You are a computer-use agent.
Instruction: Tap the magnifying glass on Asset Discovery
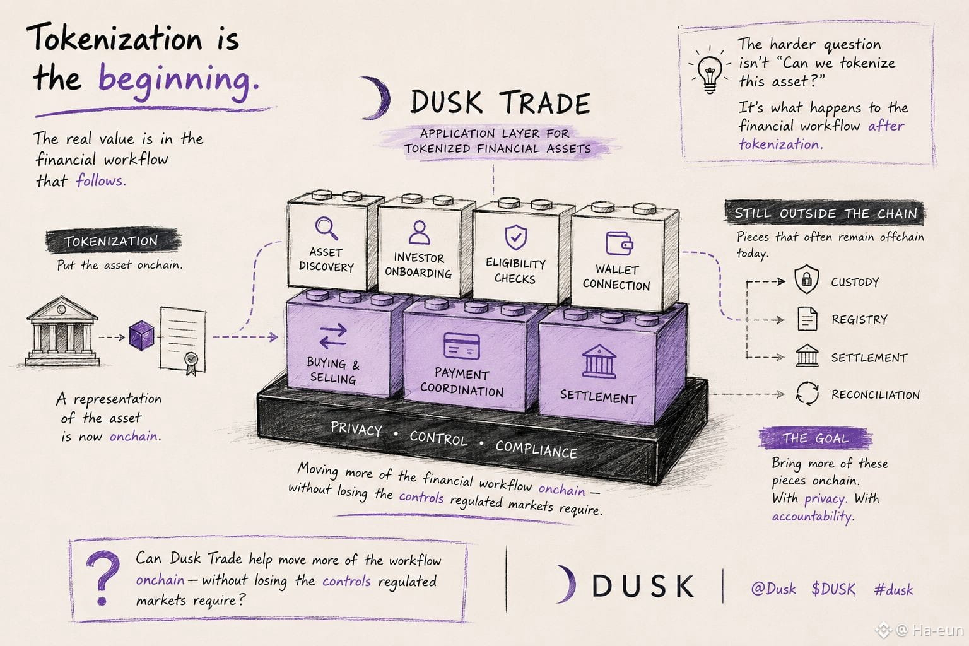[327, 228]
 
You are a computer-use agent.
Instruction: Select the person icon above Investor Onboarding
[419, 232]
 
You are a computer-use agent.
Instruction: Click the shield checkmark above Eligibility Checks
[515, 237]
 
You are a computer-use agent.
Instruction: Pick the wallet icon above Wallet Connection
[619, 243]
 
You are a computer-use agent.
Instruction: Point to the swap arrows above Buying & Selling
[333, 336]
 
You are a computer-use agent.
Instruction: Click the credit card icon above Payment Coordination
[462, 346]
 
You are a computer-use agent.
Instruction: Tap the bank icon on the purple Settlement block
[599, 361]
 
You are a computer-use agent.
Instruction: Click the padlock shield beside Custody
[806, 279]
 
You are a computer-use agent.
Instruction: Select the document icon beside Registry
[807, 319]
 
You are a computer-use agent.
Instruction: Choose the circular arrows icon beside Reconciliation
[807, 393]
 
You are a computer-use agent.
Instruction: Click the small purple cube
[142, 335]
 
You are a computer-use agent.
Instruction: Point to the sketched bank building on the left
[62, 331]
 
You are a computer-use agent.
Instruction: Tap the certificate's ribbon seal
[191, 363]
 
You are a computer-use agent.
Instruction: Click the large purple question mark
[103, 578]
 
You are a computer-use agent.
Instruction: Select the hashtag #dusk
[893, 589]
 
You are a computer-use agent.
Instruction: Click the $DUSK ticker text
[833, 589]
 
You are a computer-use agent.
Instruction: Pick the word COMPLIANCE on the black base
[536, 449]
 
